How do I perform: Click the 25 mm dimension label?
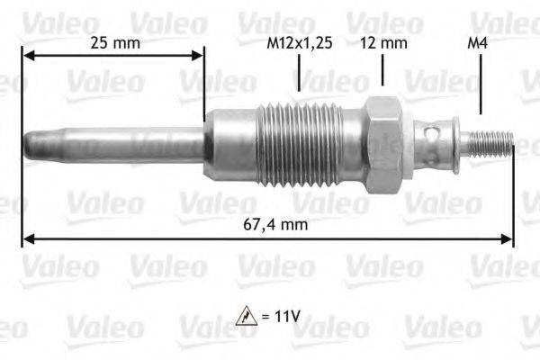[x=115, y=41]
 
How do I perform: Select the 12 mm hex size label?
[x=382, y=41]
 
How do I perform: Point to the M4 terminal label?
[x=477, y=41]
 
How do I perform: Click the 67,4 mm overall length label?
[x=282, y=224]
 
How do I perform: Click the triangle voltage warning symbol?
[x=245, y=317]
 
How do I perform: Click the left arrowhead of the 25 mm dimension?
[x=27, y=56]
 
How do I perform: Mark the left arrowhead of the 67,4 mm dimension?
[x=27, y=238]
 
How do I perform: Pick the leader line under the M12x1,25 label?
[x=298, y=76]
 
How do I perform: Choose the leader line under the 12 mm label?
[x=382, y=70]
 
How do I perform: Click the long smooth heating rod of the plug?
[x=117, y=144]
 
